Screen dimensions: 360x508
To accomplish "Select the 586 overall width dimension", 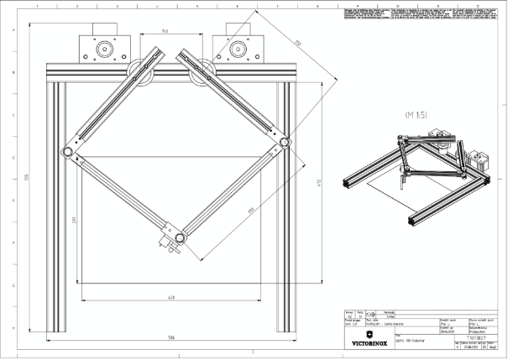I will pos(171,338).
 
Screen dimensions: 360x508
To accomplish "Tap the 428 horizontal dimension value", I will pos(171,297).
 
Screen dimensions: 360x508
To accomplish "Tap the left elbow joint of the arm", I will pos(66,151).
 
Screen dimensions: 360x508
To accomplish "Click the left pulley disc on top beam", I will pos(139,71).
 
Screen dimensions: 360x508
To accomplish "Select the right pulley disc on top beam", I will pos(202,74).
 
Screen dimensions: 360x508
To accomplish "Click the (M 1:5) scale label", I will pos(419,112).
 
